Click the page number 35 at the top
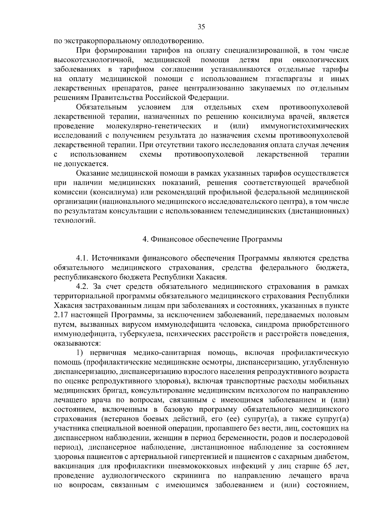click(201, 27)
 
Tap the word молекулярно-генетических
click(154, 126)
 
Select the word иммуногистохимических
click(305, 126)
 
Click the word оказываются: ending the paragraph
click(72, 343)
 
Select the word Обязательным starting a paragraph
click(101, 107)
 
